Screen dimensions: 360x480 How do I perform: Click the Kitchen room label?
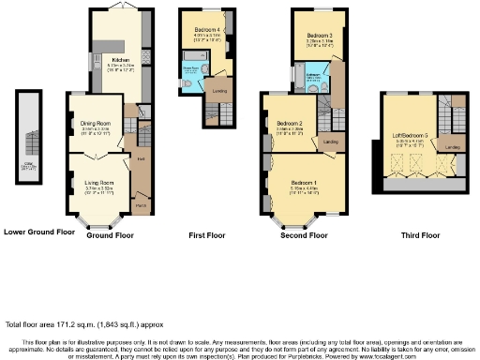[120, 58]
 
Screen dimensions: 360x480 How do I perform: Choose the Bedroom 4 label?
[208, 30]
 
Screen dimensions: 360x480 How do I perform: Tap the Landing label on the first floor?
[220, 91]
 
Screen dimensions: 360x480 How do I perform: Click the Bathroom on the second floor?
[312, 76]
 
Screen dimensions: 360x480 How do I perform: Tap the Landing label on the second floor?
[330, 142]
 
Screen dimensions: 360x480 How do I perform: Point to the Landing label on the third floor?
[453, 147]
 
